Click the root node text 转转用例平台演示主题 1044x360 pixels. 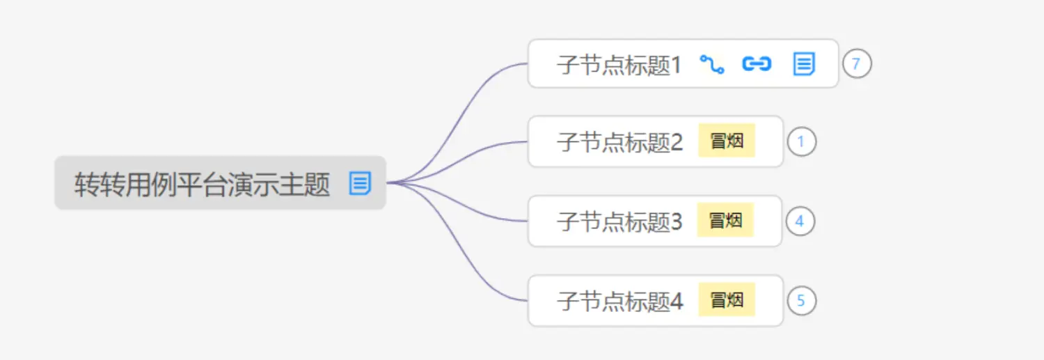pos(202,185)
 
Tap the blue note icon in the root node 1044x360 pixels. pos(360,184)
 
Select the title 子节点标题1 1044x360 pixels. pos(619,65)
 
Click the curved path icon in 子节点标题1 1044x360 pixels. pos(711,65)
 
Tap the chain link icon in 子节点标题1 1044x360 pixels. pos(757,64)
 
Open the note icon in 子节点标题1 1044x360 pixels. pos(804,64)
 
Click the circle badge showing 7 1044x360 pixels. pos(857,64)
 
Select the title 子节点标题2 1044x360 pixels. pos(619,143)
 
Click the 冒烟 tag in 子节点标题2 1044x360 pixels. pos(727,141)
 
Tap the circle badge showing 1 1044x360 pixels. pos(801,142)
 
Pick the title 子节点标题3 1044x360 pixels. pos(619,222)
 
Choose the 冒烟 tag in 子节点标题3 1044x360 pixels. pos(726,221)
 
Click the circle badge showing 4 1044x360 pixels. pos(800,221)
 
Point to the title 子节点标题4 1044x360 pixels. pos(619,302)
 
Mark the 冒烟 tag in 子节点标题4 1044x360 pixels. pos(727,300)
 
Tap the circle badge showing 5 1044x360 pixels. pos(801,301)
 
